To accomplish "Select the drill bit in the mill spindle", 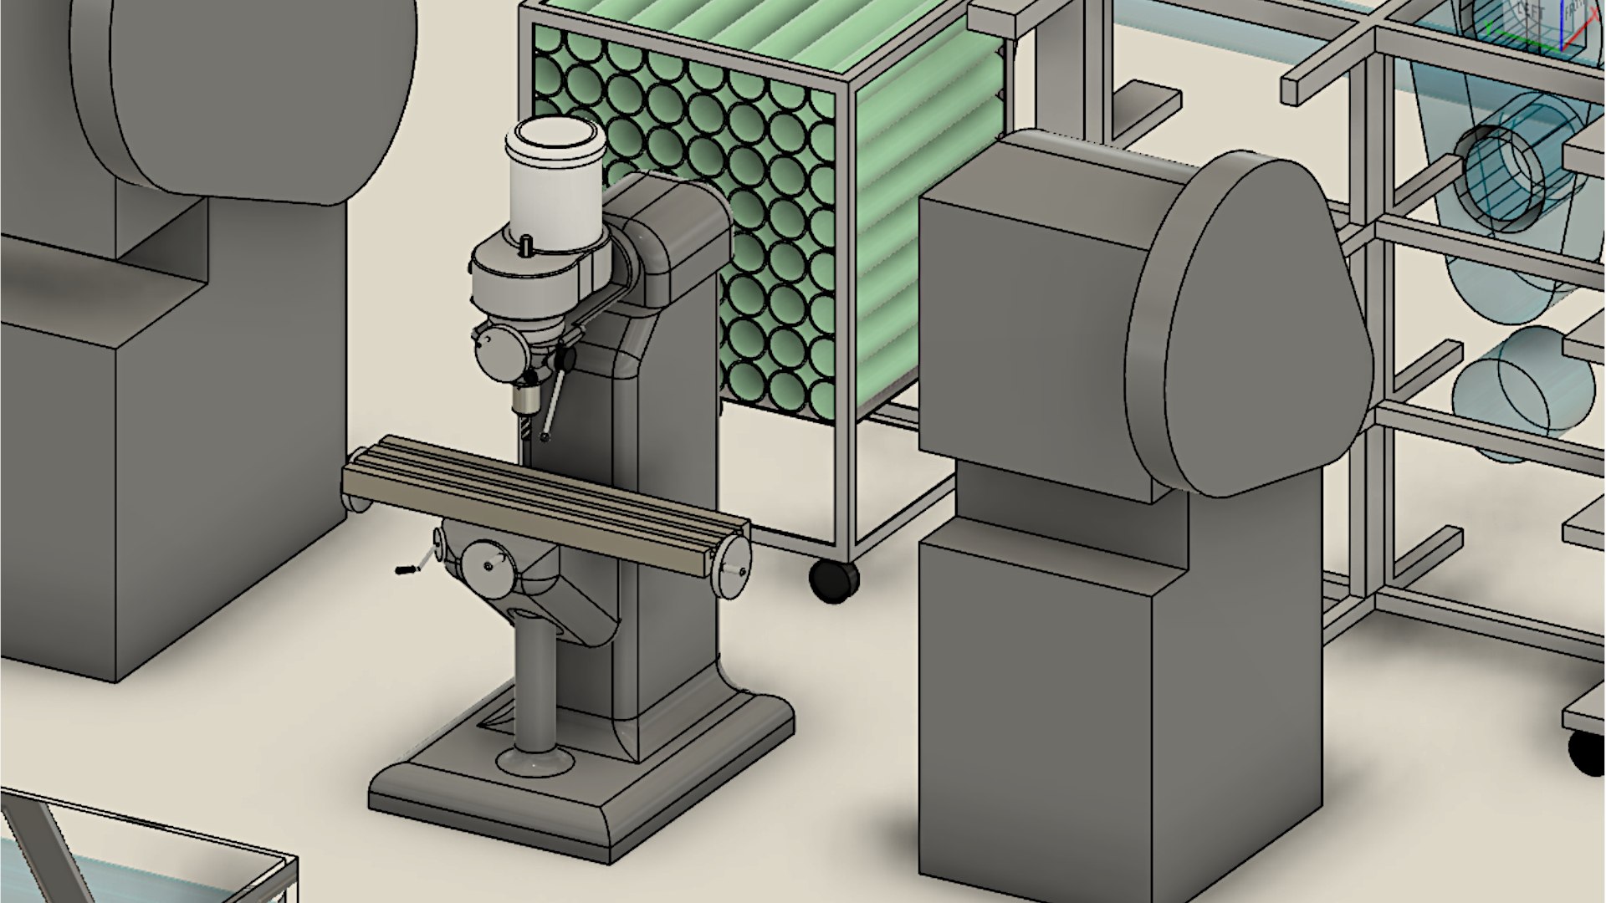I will [525, 431].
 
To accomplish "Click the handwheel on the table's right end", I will [735, 565].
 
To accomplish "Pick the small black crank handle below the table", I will [406, 570].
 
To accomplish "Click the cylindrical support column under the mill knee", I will [535, 686].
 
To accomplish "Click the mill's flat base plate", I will [586, 803].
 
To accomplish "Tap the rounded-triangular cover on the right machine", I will [1246, 326].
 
